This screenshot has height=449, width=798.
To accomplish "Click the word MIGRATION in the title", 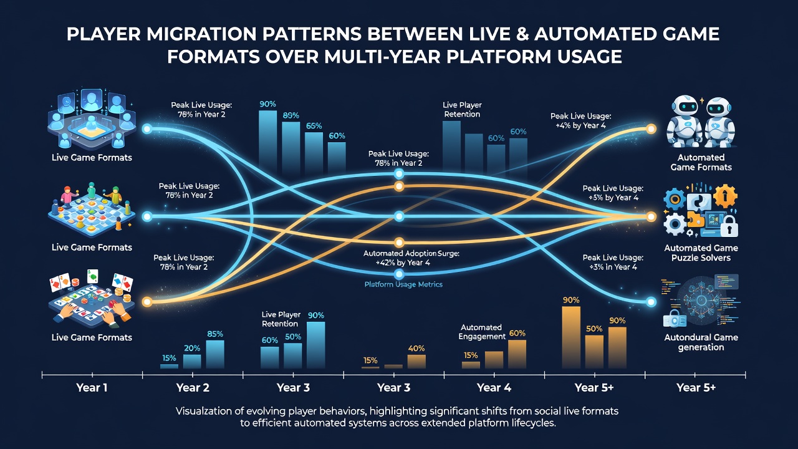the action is coord(201,34).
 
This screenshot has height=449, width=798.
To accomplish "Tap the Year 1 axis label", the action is coord(92,388).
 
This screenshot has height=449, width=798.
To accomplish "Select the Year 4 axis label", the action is coord(494,388).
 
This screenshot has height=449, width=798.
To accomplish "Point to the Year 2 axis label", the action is coord(193,388).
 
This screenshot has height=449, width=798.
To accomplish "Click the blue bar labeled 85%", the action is coord(215,354).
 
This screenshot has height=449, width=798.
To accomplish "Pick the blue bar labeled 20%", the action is coord(192,361).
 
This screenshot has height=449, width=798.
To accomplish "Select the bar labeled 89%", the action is coord(291,147).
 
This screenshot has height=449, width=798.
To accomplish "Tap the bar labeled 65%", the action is coord(314,152).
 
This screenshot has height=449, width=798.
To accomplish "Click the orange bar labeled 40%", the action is coord(416,361).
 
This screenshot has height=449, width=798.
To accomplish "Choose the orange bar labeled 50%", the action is coord(594,352).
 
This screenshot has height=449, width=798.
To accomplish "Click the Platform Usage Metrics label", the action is coord(403,284).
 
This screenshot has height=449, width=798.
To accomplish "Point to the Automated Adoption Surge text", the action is coord(411,254).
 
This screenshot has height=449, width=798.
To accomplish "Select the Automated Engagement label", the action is coord(482,332).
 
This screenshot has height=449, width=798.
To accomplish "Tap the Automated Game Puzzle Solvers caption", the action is coord(701,253).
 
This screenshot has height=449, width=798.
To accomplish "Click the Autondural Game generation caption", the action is coord(701,342).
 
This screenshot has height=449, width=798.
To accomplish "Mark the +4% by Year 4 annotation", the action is coord(580,125).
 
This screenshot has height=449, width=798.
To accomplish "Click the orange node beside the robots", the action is coord(651,129).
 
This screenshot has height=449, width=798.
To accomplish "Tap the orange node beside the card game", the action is coord(147,302).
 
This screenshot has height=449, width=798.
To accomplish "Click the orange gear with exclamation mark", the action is coord(725,196).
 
